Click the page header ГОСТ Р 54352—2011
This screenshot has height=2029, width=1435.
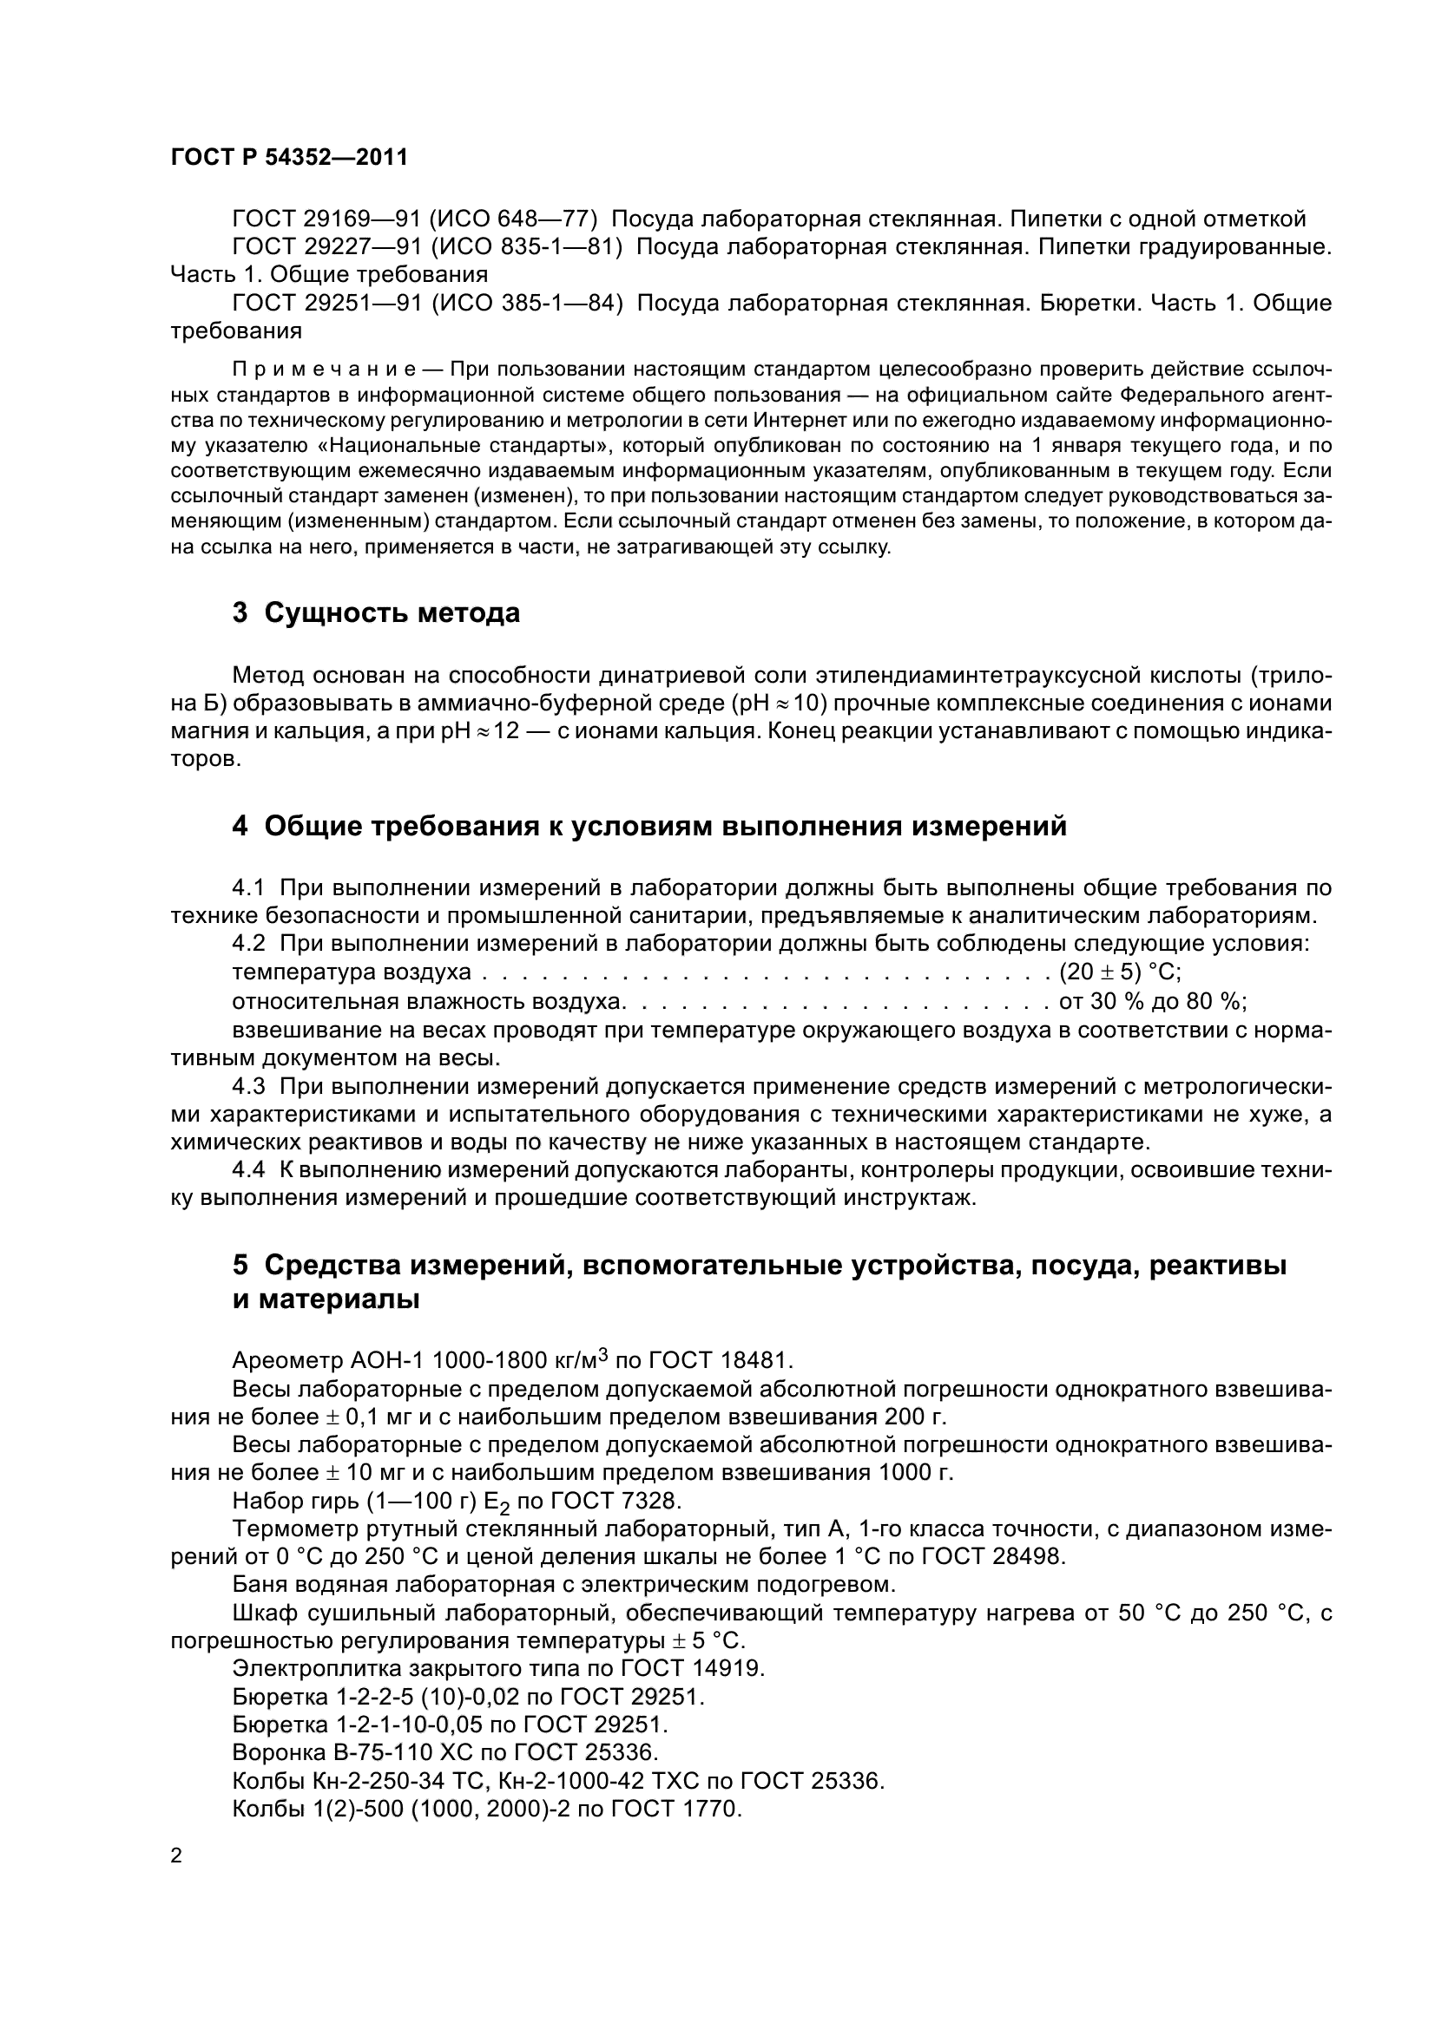[288, 158]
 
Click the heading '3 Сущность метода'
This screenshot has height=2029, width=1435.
[376, 612]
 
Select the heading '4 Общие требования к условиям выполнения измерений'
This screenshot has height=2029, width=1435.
[649, 827]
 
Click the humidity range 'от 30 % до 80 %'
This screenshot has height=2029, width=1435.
[1152, 1001]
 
